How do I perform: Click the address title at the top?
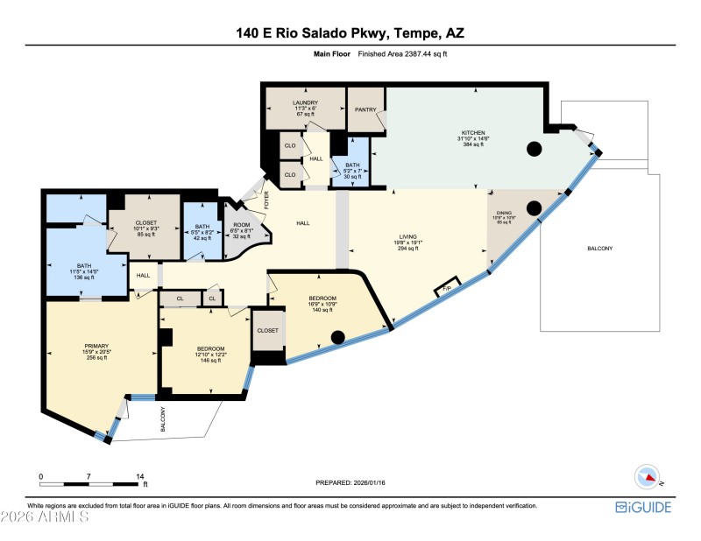tap(350, 34)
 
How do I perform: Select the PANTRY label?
tap(365, 109)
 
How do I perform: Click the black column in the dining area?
tap(533, 208)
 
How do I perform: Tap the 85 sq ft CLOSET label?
tap(145, 228)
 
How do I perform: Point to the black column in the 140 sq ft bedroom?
tap(337, 335)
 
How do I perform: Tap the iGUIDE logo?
tap(643, 508)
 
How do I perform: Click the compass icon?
tap(646, 476)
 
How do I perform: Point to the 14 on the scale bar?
tap(139, 476)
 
